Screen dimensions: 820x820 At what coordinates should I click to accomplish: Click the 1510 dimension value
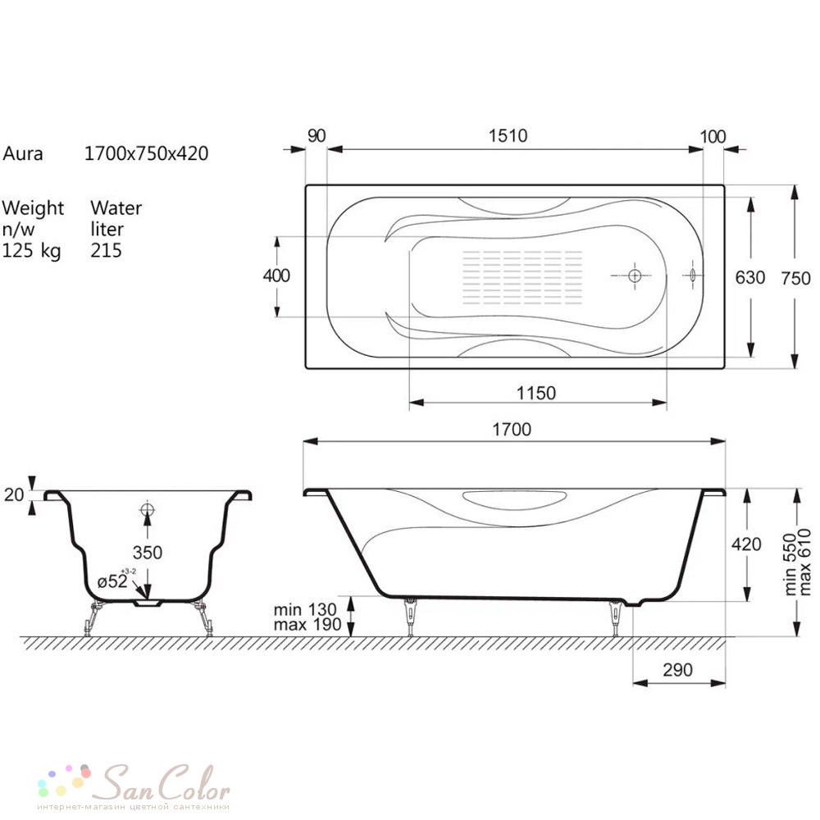[508, 136]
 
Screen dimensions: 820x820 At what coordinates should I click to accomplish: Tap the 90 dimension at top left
[317, 136]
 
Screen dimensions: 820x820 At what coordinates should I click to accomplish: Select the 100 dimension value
[713, 137]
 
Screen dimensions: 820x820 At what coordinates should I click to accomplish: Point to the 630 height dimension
[750, 277]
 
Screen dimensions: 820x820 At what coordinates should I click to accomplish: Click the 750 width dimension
[795, 278]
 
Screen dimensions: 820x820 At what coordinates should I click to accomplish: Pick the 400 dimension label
[276, 276]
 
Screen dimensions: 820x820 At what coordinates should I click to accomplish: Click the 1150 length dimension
[536, 393]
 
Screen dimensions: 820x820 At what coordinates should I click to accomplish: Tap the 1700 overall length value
[512, 430]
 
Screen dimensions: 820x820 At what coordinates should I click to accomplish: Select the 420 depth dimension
[746, 544]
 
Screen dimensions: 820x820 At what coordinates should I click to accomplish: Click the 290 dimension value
[678, 670]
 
